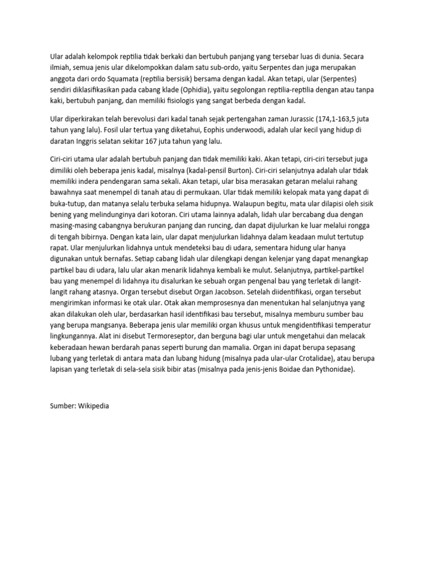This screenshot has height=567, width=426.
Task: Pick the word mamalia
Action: point(231,347)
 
